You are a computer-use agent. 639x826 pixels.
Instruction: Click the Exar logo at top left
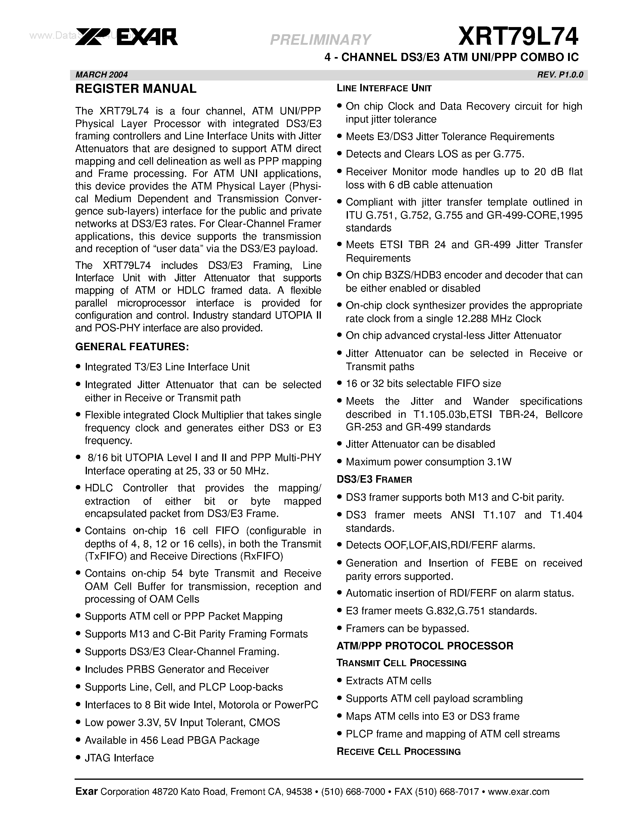click(x=126, y=38)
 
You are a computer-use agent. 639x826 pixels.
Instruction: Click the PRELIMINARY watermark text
click(x=320, y=39)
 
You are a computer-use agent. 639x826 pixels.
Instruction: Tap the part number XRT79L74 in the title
click(x=518, y=37)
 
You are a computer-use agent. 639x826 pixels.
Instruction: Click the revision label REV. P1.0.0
click(x=560, y=74)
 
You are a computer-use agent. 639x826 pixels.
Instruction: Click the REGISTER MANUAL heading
click(x=136, y=89)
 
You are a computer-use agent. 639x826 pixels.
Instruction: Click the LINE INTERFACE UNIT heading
click(x=384, y=89)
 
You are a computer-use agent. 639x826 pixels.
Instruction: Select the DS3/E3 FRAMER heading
click(x=374, y=480)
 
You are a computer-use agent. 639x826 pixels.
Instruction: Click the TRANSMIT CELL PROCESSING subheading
click(x=401, y=663)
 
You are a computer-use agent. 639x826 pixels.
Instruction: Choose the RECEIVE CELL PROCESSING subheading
click(x=398, y=752)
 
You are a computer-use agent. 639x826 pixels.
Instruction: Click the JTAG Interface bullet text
click(x=119, y=758)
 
